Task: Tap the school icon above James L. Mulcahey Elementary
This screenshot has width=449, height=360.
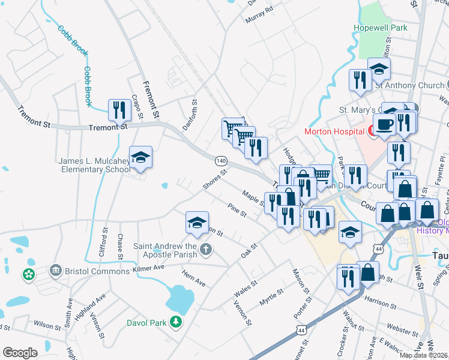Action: pyautogui.click(x=140, y=157)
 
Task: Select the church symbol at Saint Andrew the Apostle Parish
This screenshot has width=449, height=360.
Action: pyautogui.click(x=206, y=248)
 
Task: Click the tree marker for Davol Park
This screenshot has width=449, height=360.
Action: pyautogui.click(x=176, y=323)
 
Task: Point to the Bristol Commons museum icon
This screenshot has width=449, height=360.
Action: pyautogui.click(x=56, y=271)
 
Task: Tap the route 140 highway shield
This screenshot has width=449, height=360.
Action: pyautogui.click(x=221, y=161)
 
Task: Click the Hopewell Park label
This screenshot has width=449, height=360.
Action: pyautogui.click(x=381, y=28)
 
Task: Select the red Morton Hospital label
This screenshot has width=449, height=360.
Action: pyautogui.click(x=334, y=131)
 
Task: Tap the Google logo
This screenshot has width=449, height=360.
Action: pyautogui.click(x=20, y=353)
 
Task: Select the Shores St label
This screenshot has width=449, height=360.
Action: pyautogui.click(x=214, y=179)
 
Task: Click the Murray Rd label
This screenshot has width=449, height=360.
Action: pyautogui.click(x=259, y=14)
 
